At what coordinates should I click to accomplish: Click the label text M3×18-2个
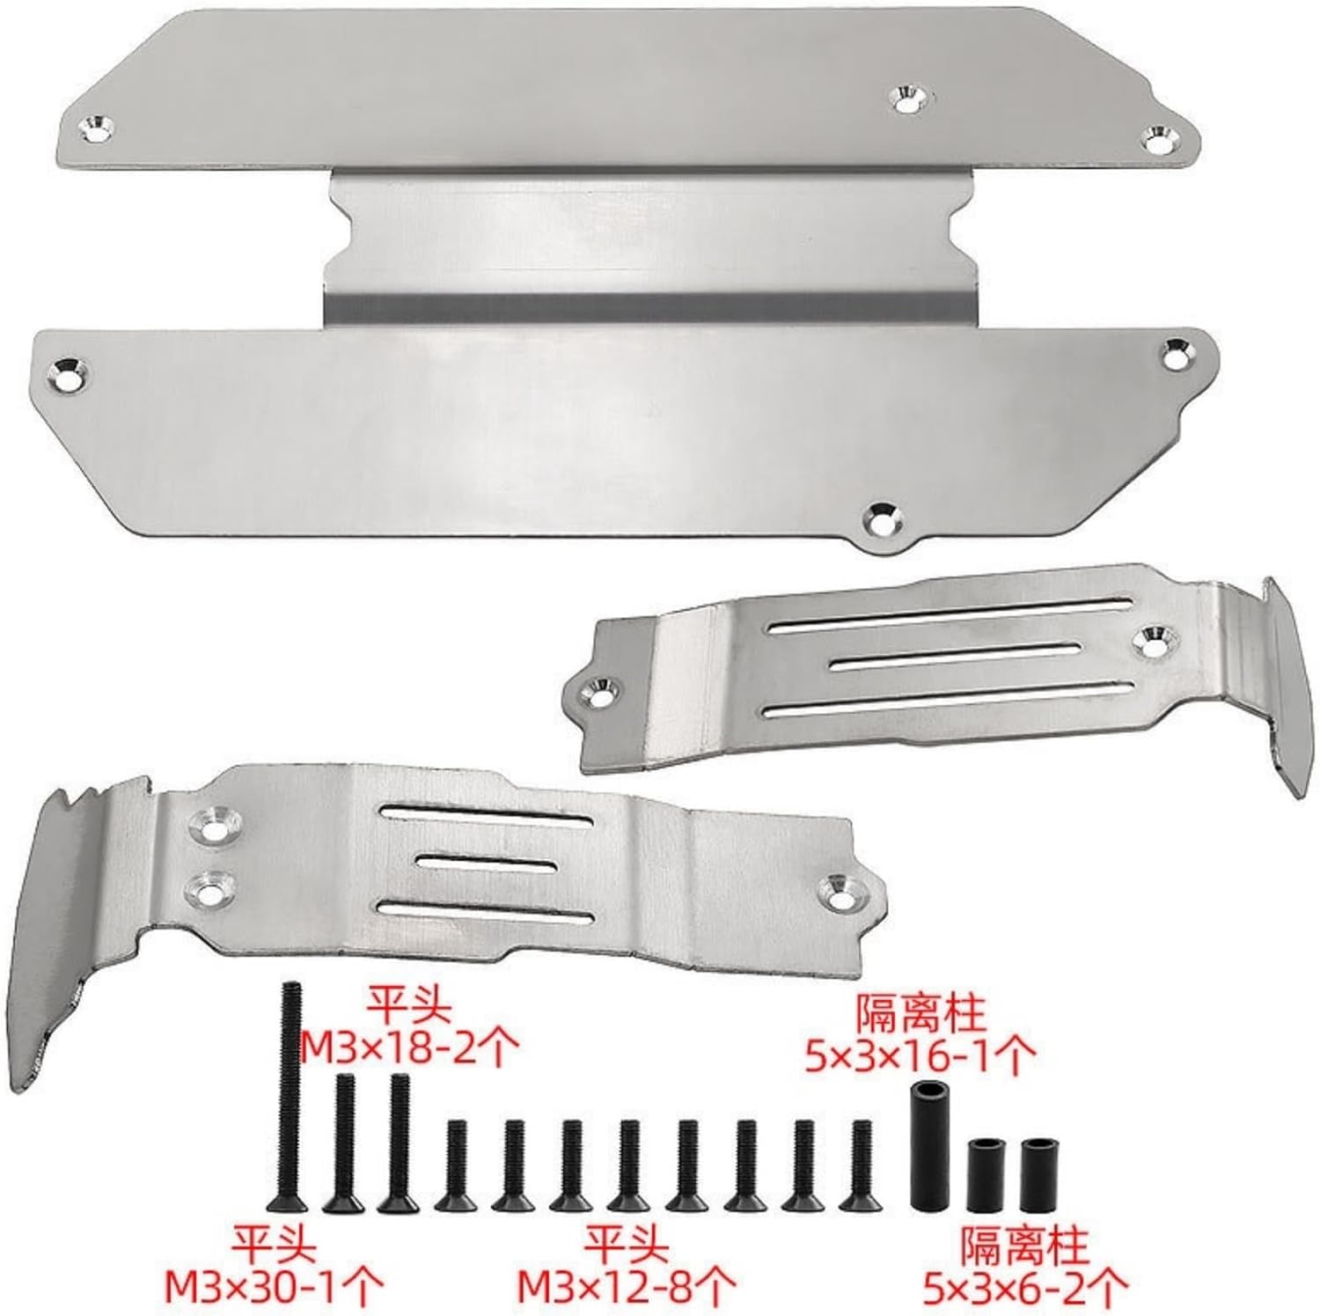[410, 1048]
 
